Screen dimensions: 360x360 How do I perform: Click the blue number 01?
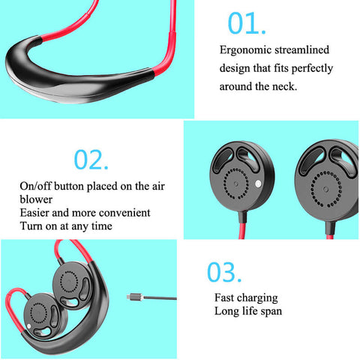(247, 23)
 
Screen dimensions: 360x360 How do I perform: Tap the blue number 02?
(91, 160)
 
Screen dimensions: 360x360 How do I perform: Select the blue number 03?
(224, 272)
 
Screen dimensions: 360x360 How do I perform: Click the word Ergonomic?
(245, 50)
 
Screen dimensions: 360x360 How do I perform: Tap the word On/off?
(35, 186)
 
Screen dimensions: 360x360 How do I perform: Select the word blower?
(36, 199)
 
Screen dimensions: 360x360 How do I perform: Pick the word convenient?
(124, 213)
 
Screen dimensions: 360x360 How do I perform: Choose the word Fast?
(224, 298)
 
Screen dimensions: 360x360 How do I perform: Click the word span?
(271, 311)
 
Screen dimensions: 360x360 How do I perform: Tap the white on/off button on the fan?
(258, 184)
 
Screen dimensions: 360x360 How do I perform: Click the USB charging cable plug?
(135, 297)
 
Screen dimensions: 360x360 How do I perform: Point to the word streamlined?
(301, 49)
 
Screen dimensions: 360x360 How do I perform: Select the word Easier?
(34, 213)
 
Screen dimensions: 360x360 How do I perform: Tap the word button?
(69, 186)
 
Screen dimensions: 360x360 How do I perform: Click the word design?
(235, 68)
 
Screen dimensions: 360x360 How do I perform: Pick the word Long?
(226, 311)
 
